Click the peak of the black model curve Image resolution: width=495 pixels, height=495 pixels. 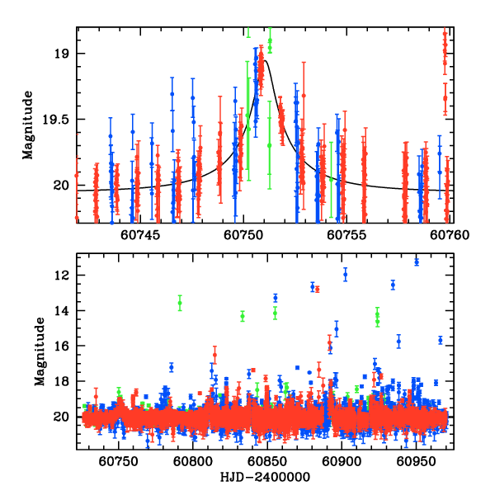(x=265, y=59)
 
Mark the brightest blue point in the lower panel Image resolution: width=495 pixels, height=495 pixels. (x=417, y=262)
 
